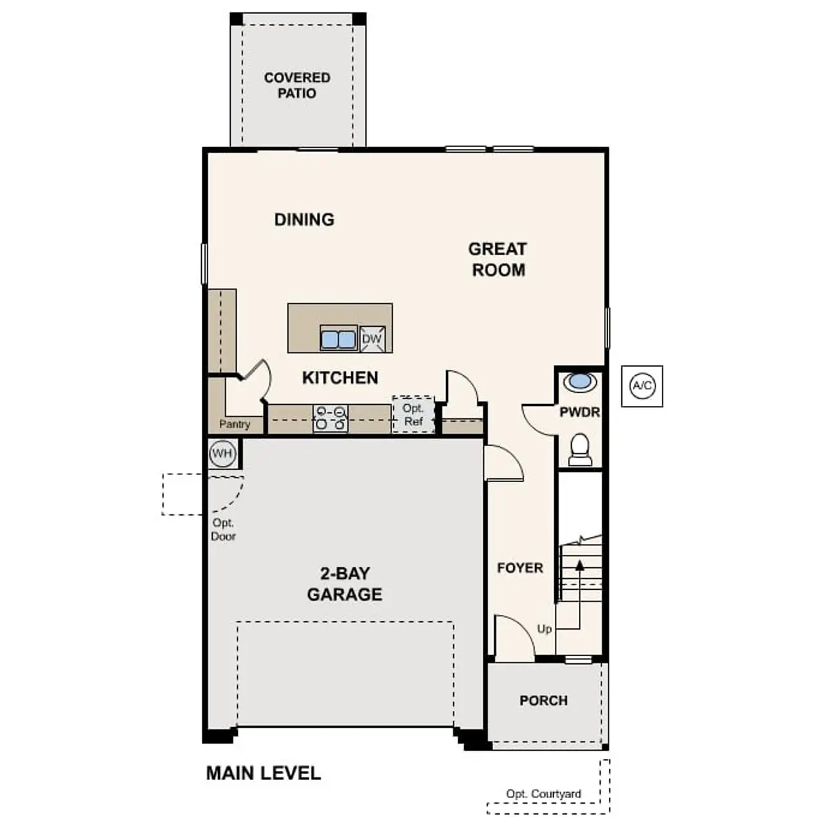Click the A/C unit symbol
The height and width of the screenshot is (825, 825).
[x=642, y=386]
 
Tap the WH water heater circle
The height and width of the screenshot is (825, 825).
[x=222, y=454]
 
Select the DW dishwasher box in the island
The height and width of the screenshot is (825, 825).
[x=372, y=339]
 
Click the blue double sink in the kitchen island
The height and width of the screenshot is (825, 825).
[x=338, y=338]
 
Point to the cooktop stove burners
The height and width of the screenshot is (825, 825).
[x=330, y=418]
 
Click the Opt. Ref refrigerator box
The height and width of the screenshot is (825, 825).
[x=413, y=414]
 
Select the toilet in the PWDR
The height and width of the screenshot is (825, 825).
[x=580, y=449]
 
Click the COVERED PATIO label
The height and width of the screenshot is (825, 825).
[x=297, y=85]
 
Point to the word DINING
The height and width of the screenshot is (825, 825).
[x=304, y=219]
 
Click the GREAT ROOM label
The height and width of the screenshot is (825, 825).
[x=498, y=259]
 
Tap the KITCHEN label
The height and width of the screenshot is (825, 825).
[x=340, y=378]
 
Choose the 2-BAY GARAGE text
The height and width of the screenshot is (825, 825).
[x=344, y=584]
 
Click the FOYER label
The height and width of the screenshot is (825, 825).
[x=519, y=568]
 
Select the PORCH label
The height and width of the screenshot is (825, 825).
[x=543, y=701]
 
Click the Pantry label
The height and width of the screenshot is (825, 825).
[x=235, y=424]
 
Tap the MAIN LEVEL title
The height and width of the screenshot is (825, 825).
[x=263, y=773]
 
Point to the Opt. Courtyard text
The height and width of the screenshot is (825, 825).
[x=543, y=794]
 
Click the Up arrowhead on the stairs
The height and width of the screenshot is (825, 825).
[x=579, y=565]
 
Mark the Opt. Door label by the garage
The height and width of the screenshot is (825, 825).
[x=223, y=530]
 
